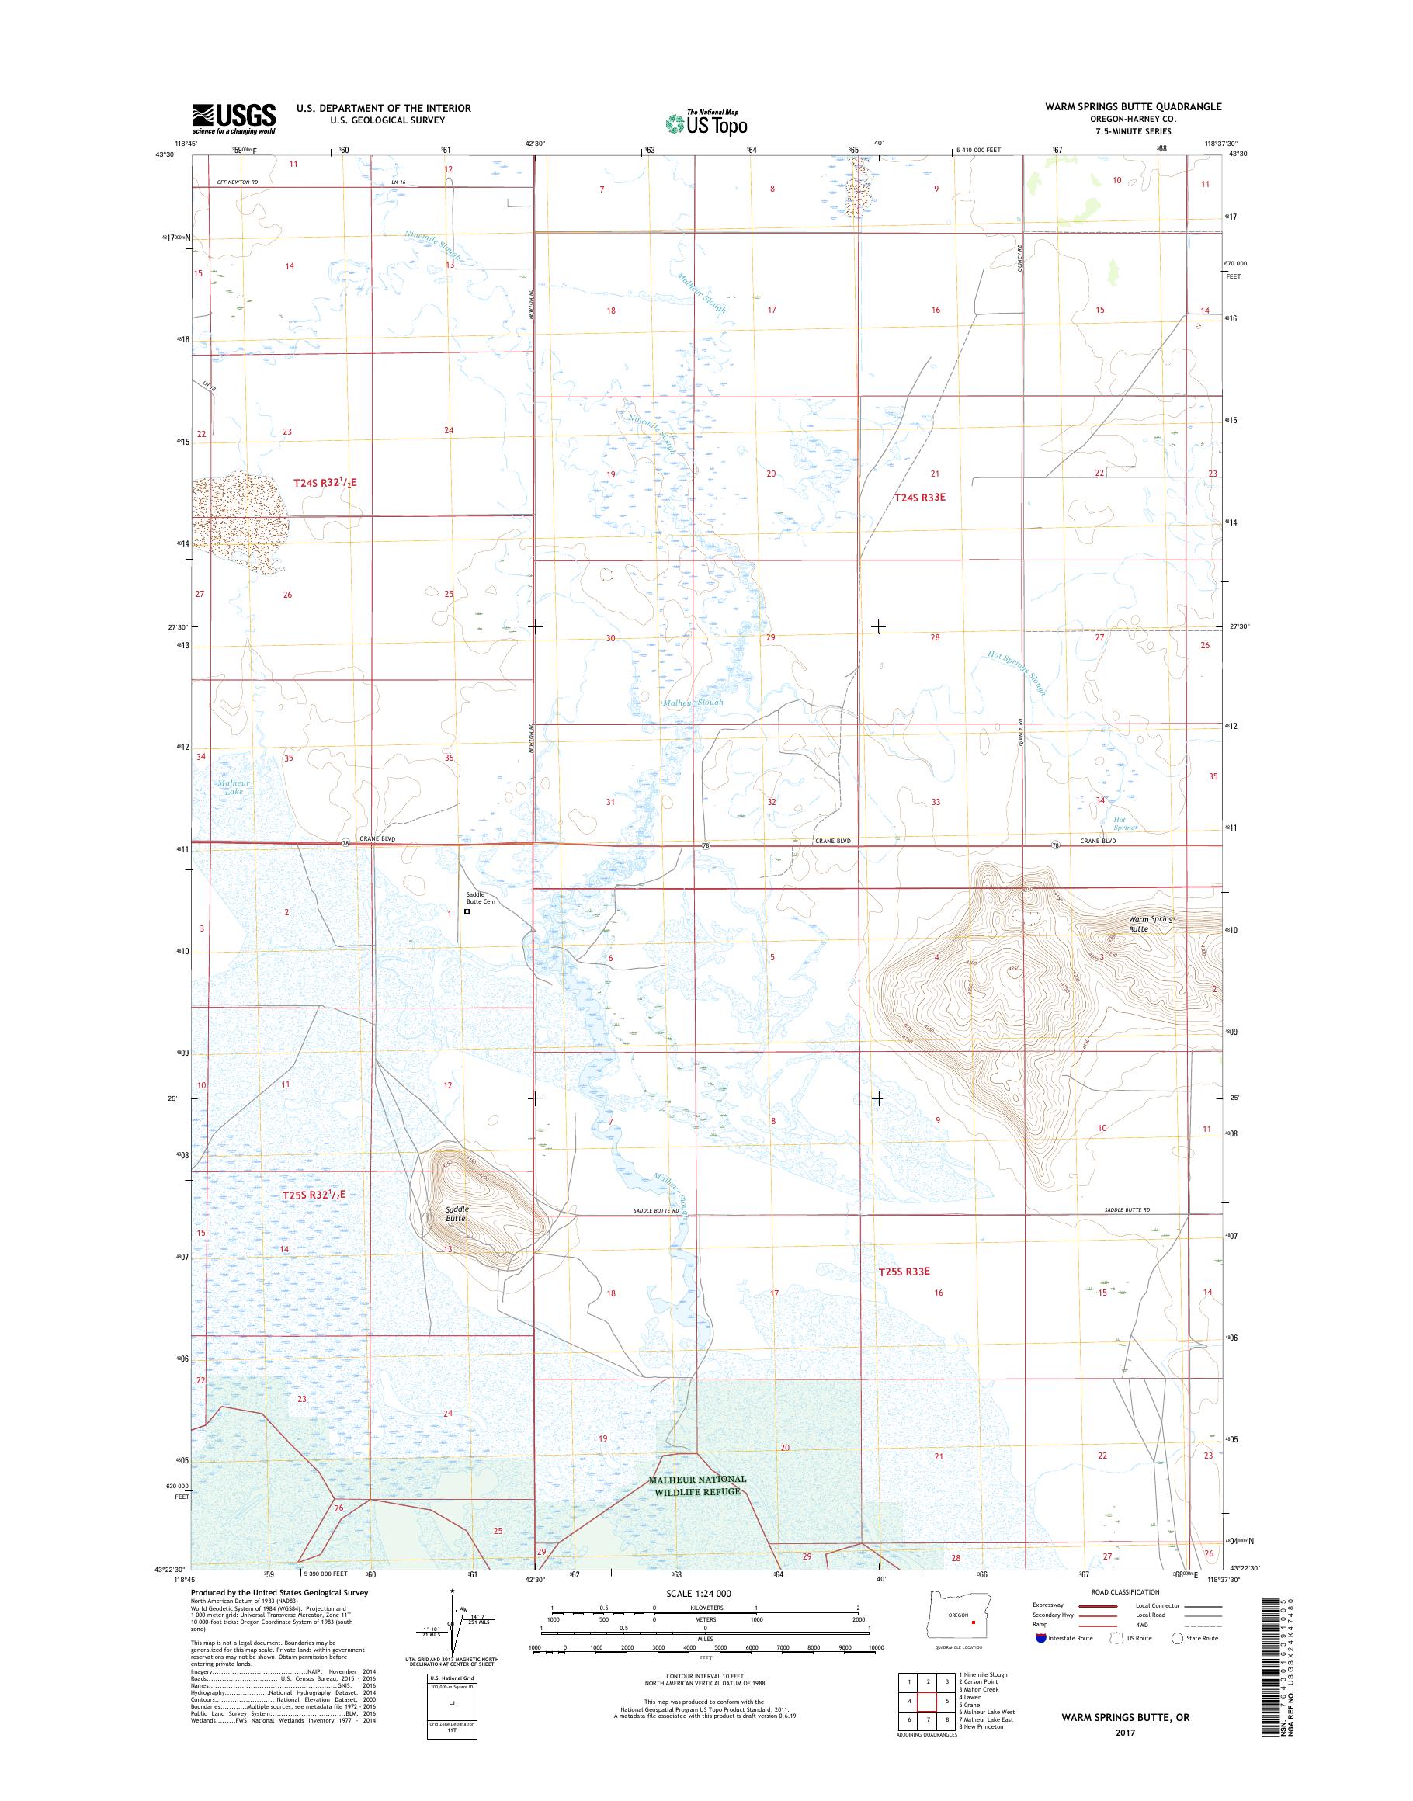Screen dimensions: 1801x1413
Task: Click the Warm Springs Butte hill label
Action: click(1151, 924)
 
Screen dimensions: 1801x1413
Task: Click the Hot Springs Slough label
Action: click(1018, 671)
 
